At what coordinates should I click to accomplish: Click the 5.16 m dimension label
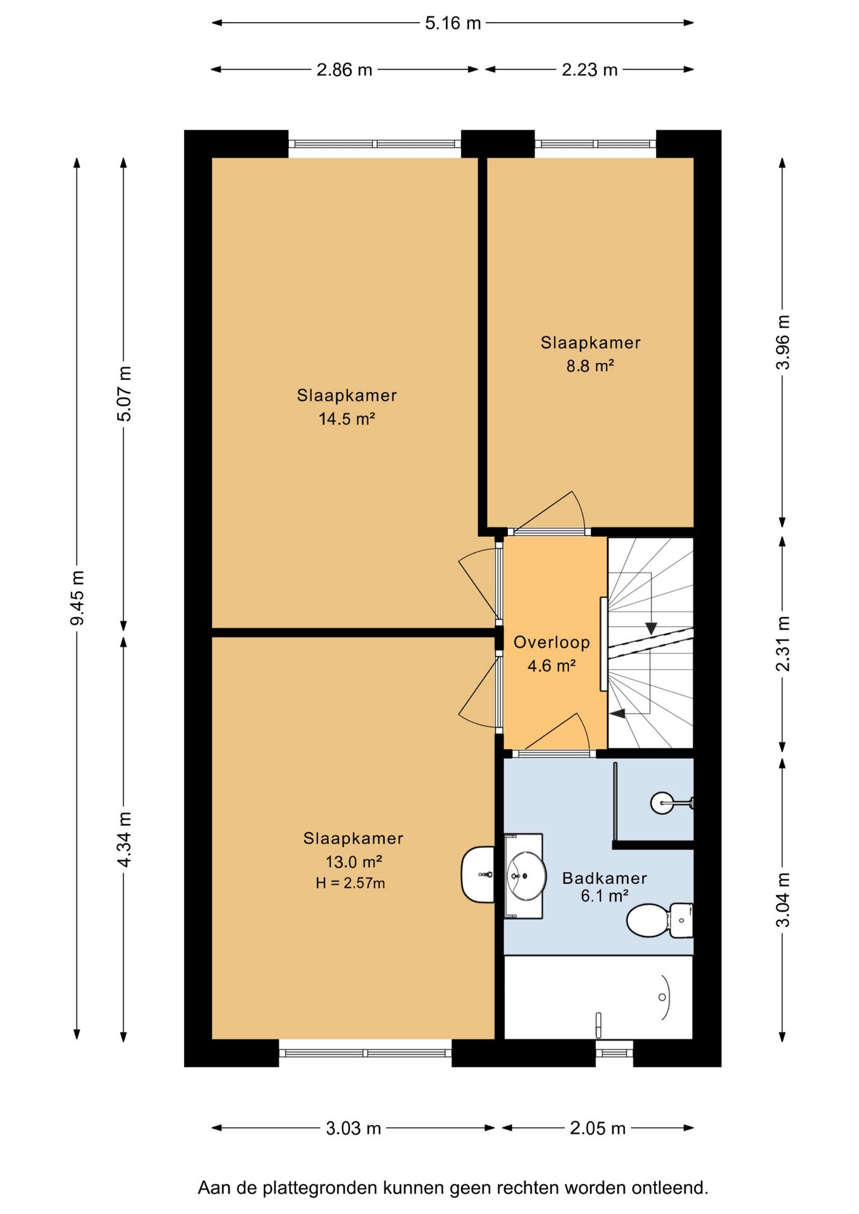(x=453, y=23)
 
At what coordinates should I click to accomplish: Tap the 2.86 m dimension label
(x=344, y=70)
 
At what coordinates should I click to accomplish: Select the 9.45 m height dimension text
(x=77, y=598)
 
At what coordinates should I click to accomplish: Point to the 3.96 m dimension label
(x=783, y=342)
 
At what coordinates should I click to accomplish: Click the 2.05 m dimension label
(x=598, y=1127)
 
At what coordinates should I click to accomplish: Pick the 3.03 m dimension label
(x=354, y=1127)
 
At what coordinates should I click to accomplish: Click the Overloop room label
(x=552, y=642)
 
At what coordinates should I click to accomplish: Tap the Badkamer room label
(x=605, y=878)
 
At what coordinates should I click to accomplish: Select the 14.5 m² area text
(x=347, y=419)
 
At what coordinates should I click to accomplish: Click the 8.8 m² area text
(x=590, y=365)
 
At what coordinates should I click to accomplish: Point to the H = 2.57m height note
(x=350, y=883)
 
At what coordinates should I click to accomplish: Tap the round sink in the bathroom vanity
(x=526, y=876)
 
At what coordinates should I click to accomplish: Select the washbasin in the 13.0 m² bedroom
(x=478, y=874)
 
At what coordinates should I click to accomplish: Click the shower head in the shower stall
(x=662, y=803)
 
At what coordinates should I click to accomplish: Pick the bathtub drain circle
(x=662, y=997)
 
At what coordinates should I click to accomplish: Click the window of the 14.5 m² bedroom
(x=375, y=144)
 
